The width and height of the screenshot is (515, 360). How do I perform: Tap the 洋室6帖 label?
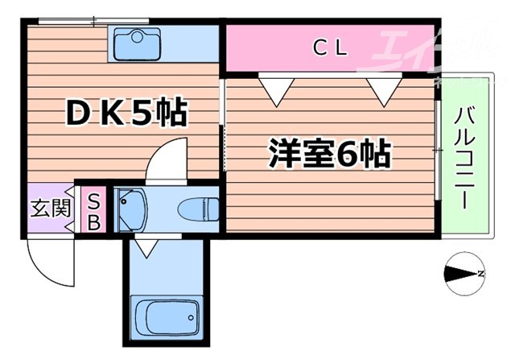coord(329,152)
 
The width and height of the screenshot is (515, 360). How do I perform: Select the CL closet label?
coord(330,48)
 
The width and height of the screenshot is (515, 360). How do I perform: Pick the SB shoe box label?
coord(93,210)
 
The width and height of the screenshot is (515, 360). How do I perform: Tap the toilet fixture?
coord(197,208)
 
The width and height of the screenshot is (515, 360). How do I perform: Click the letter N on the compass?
coord(480,275)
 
